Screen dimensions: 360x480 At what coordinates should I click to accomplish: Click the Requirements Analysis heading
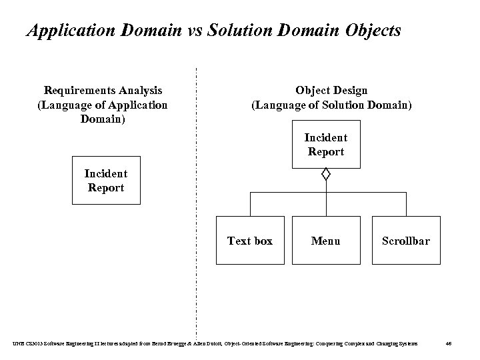[x=103, y=90]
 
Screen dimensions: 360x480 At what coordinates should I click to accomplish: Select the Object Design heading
[x=331, y=90]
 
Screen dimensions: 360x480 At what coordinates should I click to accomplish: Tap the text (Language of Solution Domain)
[x=331, y=105]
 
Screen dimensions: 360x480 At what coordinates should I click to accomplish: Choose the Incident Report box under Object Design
[x=325, y=145]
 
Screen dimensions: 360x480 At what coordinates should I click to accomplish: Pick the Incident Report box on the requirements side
[x=106, y=181]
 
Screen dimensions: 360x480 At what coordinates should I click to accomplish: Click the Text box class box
[x=250, y=241]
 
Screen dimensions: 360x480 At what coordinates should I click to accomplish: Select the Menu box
[x=325, y=241]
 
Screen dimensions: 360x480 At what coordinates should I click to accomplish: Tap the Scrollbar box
[x=405, y=241]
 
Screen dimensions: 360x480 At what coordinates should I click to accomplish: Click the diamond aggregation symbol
[x=325, y=175]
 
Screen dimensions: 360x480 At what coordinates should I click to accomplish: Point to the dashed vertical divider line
[x=197, y=200]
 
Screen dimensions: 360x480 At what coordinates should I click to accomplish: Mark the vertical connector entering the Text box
[x=250, y=205]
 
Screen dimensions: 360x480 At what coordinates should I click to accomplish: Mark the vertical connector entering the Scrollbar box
[x=406, y=205]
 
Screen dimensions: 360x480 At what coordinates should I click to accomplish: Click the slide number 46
[x=449, y=343]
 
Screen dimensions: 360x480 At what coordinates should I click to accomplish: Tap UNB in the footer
[x=17, y=343]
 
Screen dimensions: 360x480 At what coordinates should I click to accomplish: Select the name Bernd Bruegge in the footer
[x=172, y=343]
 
